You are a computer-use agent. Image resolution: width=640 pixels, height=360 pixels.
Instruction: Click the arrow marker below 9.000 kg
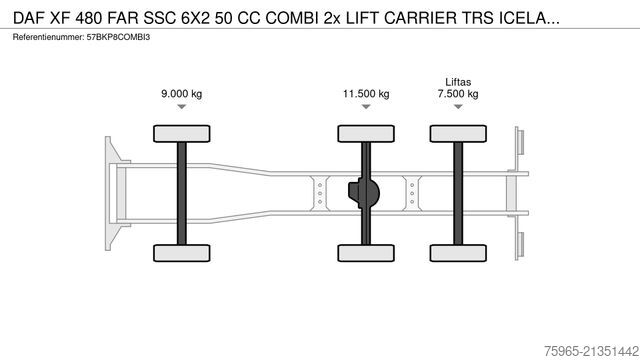click(x=181, y=106)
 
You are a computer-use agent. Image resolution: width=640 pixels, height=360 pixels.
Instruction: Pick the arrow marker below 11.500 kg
click(x=365, y=106)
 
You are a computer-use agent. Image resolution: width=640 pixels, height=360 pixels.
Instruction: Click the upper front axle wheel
click(x=181, y=133)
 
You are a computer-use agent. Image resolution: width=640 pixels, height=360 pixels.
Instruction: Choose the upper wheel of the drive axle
click(x=365, y=133)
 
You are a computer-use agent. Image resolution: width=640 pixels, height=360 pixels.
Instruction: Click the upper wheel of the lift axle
click(x=456, y=133)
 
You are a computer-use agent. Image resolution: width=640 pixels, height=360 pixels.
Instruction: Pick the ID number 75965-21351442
click(x=580, y=346)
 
